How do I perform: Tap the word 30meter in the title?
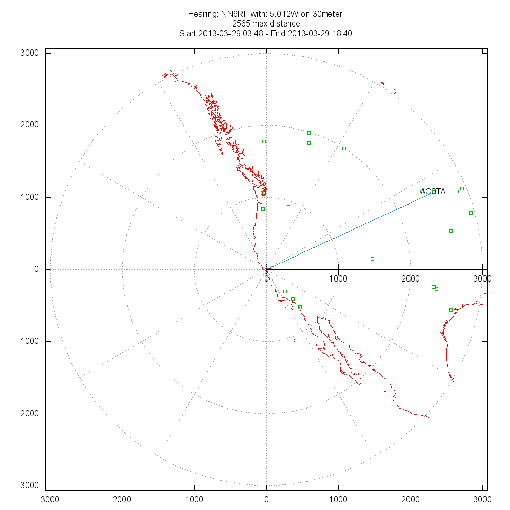point(328,14)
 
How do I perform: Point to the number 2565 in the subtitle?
point(241,24)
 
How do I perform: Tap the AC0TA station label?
point(433,192)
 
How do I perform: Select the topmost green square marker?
point(309,133)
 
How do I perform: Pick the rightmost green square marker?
point(471,213)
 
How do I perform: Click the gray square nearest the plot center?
point(275,263)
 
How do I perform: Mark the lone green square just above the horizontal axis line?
point(372,259)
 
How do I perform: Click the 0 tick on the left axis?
point(36,269)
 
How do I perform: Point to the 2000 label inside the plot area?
point(411,278)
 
